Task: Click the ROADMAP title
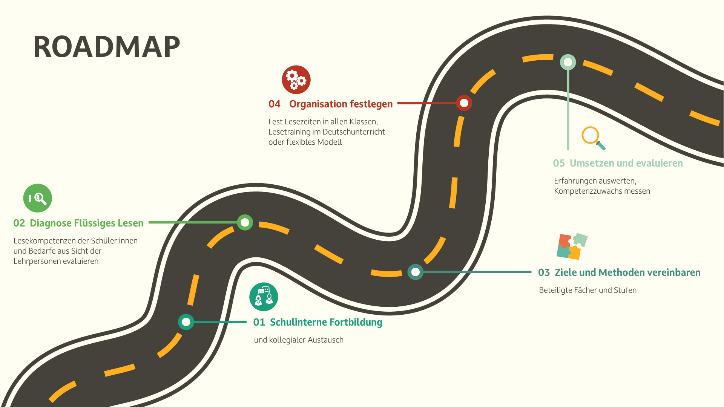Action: coord(107,47)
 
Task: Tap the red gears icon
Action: coord(296,80)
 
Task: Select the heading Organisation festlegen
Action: coord(341,104)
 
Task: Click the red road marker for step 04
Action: coord(464,103)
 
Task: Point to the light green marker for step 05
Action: coord(568,62)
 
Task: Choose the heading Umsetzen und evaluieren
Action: coord(626,163)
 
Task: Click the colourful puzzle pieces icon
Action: coord(572,246)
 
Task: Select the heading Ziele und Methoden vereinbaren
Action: coord(627,272)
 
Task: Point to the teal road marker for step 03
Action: coord(415,272)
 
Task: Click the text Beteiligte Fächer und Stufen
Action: coord(587,290)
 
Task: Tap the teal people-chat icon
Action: coord(264,297)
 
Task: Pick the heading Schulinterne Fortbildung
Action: coord(326,322)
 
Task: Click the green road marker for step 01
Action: coord(186,322)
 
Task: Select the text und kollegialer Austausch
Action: coord(299,340)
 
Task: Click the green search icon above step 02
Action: coord(38,198)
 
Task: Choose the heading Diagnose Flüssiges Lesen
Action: coord(86,223)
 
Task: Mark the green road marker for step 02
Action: coord(245,222)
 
